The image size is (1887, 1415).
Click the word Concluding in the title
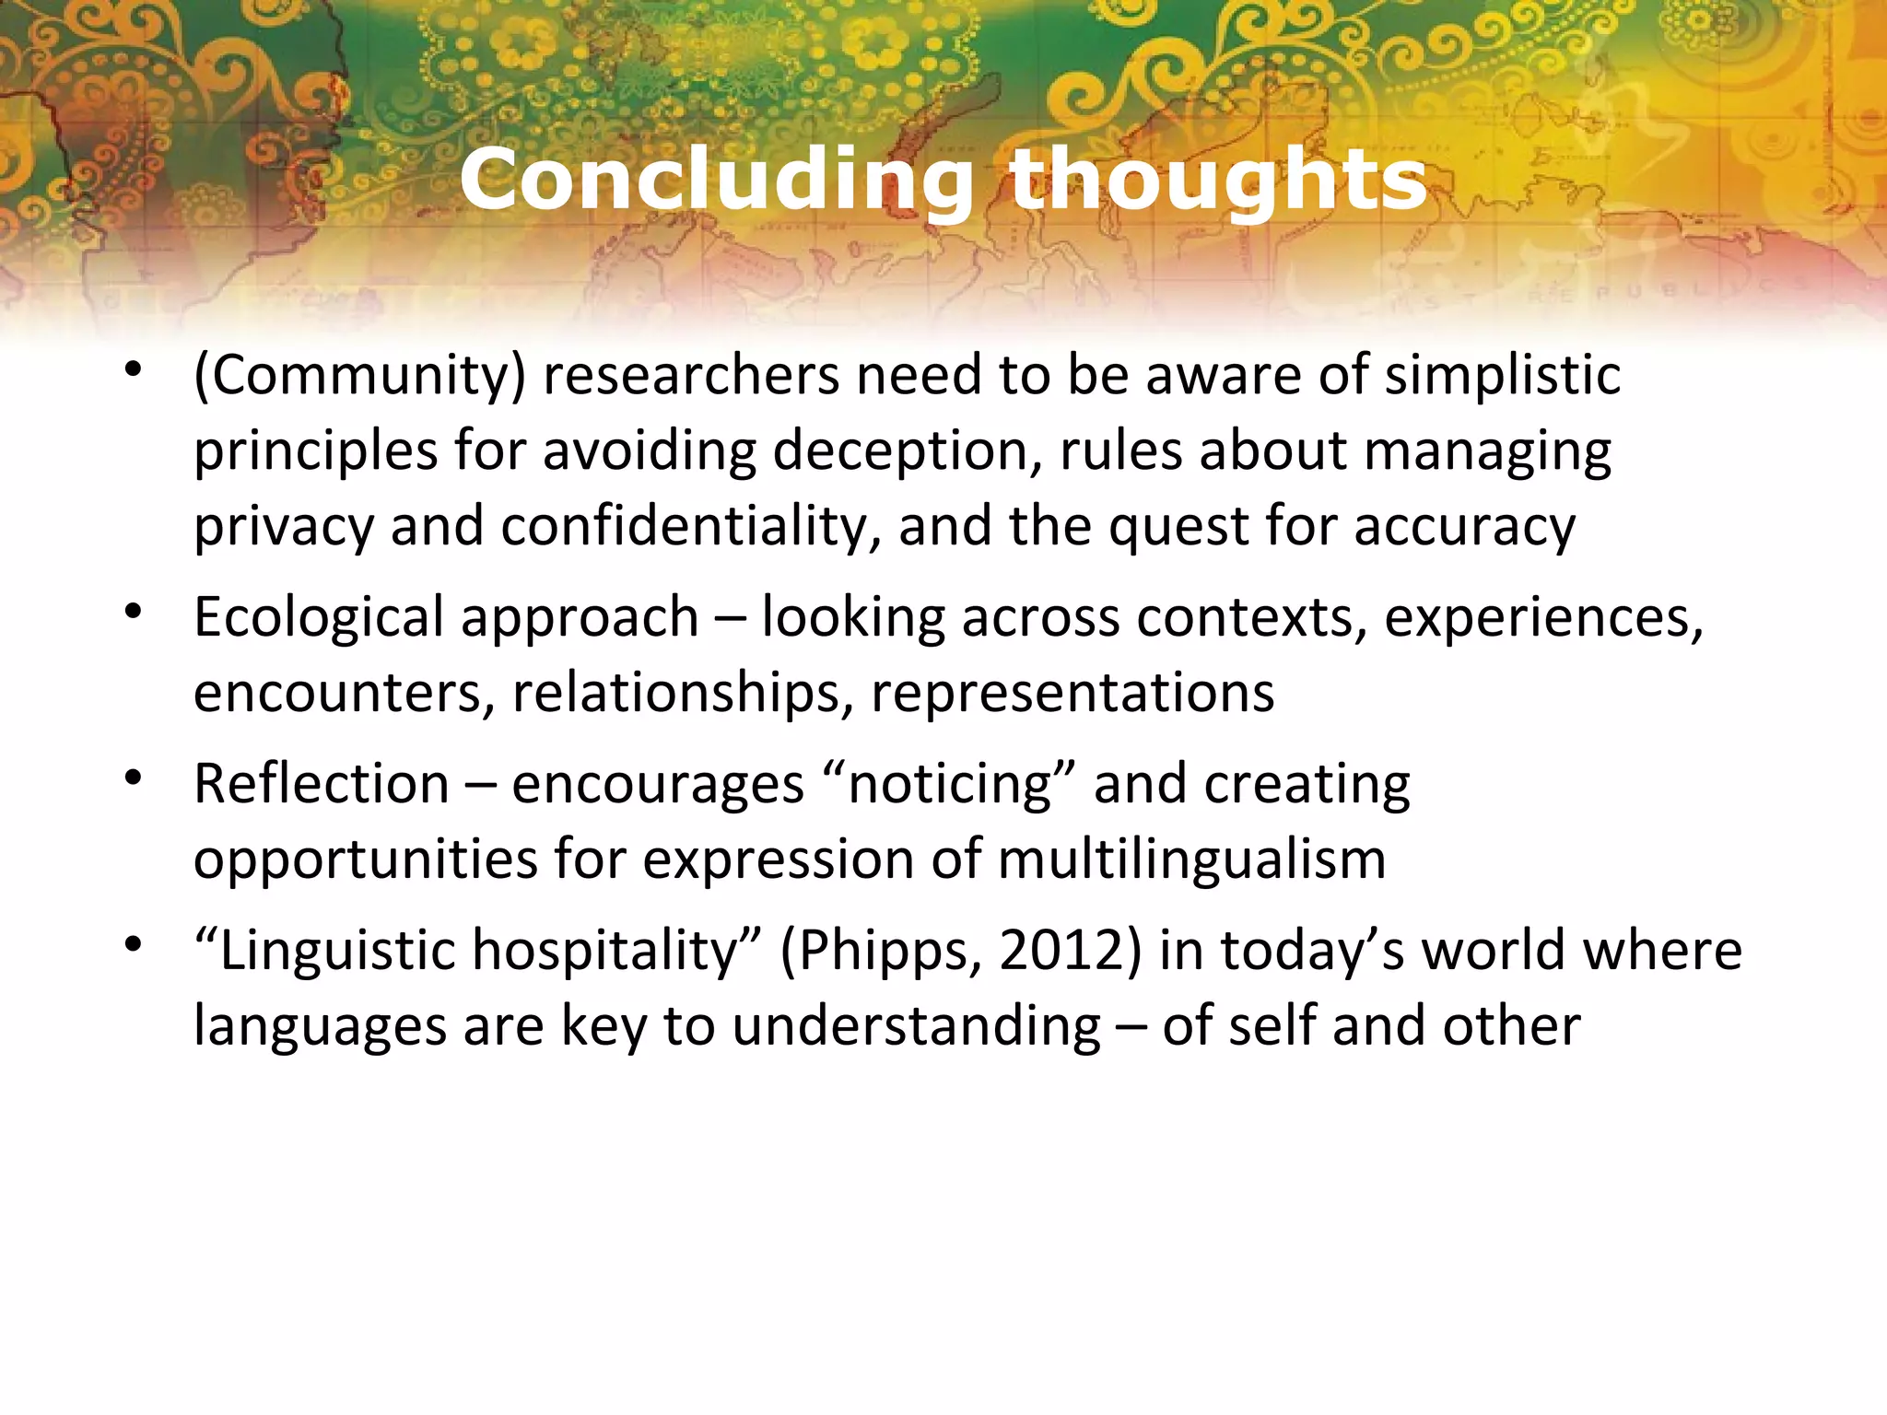point(717,180)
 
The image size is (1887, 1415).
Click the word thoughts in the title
point(1218,180)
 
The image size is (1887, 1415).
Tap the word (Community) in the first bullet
point(359,377)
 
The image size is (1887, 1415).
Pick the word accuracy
point(1464,528)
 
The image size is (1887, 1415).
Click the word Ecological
point(319,617)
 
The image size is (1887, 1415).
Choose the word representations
point(1072,694)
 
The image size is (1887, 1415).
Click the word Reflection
point(322,785)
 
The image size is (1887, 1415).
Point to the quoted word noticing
point(949,785)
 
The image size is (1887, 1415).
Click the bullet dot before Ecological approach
point(135,612)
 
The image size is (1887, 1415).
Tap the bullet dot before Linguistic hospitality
point(135,945)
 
